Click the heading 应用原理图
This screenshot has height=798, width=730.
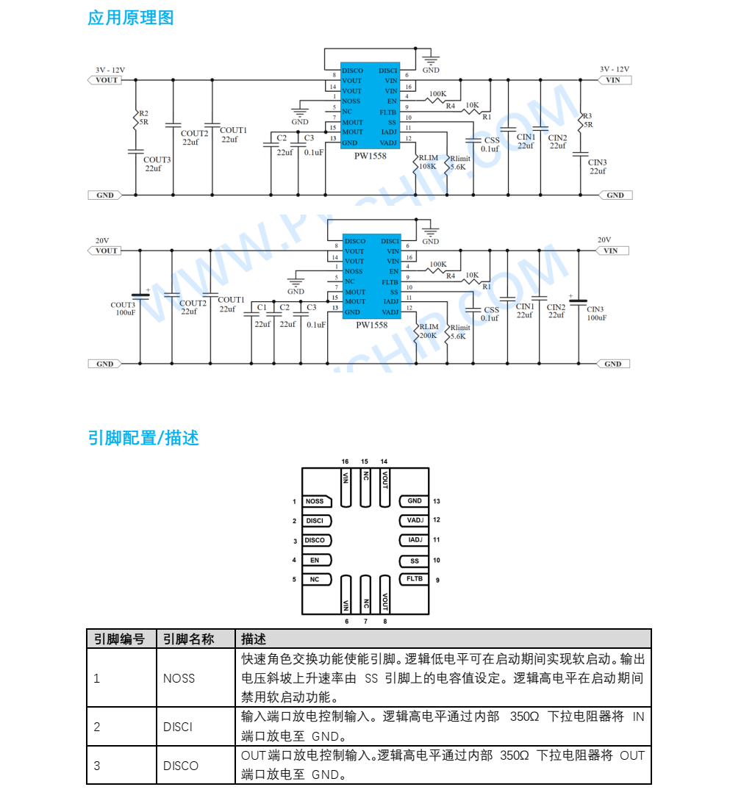click(131, 18)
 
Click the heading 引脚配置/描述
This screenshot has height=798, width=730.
click(143, 438)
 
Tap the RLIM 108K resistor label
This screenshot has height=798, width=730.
click(428, 162)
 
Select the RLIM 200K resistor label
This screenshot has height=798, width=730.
click(429, 331)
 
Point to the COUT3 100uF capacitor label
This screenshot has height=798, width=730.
click(124, 309)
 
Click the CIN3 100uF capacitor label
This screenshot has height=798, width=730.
click(597, 314)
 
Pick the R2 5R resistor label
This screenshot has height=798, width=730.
click(143, 118)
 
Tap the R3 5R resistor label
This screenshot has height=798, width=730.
click(588, 120)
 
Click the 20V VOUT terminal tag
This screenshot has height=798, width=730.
click(104, 251)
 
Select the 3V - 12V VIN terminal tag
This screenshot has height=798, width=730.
click(615, 80)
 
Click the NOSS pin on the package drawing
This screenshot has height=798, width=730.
click(317, 501)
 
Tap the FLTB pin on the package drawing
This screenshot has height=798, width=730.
click(414, 578)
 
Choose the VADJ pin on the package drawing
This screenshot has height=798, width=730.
click(414, 520)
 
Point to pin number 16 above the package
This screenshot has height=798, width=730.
click(345, 461)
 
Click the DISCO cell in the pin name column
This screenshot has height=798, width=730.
click(181, 766)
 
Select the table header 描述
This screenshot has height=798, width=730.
click(254, 639)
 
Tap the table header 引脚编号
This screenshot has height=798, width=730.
click(119, 639)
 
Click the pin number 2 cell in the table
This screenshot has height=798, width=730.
click(97, 727)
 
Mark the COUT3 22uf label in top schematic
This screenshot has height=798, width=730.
click(156, 164)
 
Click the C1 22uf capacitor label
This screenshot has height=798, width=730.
click(262, 315)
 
